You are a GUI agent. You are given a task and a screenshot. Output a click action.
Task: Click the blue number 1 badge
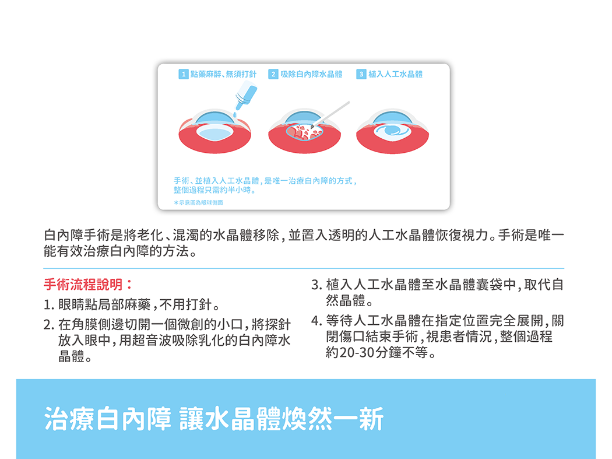[184, 74]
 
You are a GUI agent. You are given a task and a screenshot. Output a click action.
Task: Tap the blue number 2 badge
[273, 74]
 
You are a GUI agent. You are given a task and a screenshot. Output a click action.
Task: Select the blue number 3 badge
[361, 74]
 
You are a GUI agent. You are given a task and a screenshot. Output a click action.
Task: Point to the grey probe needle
[330, 115]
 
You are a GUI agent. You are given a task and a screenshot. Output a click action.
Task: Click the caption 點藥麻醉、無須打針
[223, 74]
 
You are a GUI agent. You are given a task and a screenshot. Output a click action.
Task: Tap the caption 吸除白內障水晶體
[311, 74]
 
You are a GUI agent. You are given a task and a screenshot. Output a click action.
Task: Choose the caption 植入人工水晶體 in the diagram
[395, 74]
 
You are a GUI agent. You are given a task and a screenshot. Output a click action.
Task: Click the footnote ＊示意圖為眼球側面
[198, 202]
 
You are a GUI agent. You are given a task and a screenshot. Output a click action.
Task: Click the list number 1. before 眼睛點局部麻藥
[49, 304]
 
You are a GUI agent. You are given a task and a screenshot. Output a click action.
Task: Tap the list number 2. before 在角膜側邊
[49, 325]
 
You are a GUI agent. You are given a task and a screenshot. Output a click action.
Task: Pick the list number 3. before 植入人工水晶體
[316, 285]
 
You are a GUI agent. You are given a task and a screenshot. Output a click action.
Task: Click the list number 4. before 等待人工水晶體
[316, 321]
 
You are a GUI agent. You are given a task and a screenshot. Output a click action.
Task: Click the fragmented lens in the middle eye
[304, 132]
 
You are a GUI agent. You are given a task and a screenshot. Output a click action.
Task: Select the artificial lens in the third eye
[392, 131]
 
